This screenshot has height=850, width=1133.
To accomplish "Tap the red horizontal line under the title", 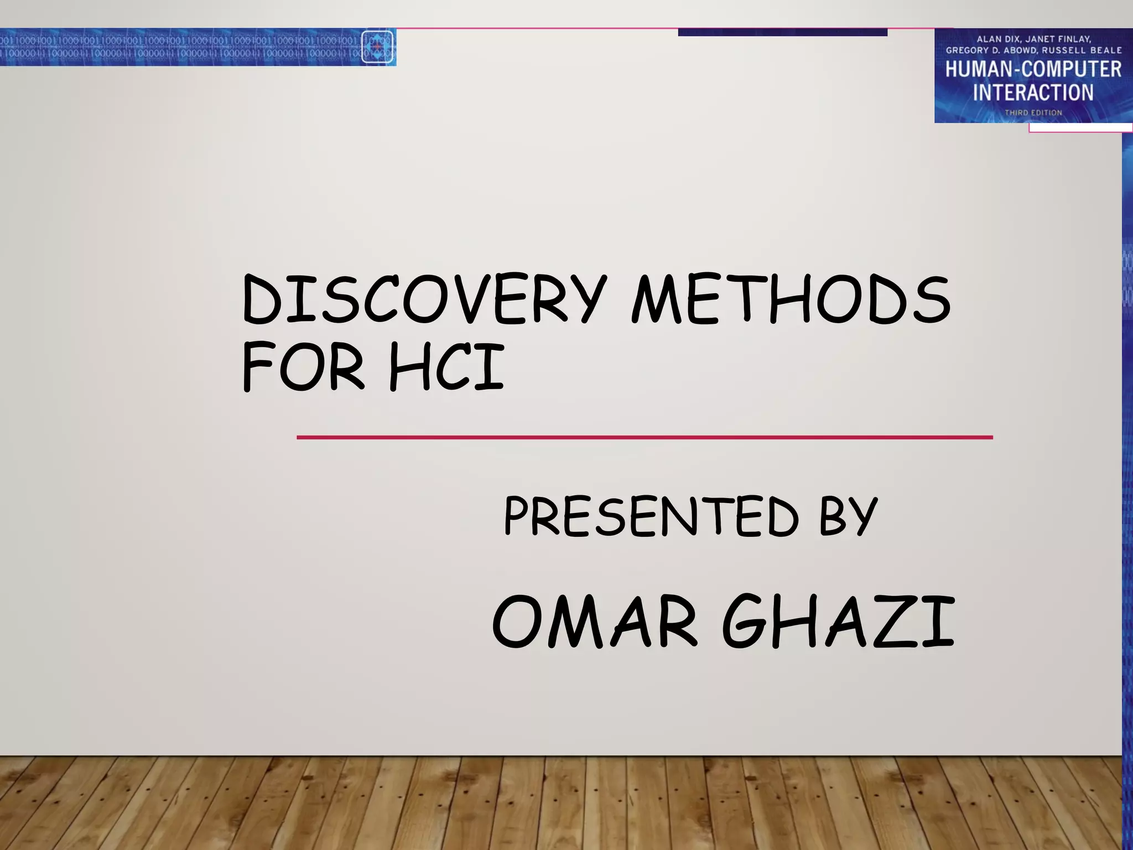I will (645, 437).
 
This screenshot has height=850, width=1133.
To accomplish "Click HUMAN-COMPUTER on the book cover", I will (1033, 69).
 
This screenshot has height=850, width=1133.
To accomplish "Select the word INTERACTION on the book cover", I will (1033, 92).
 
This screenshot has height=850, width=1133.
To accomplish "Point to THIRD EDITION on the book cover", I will (1033, 113).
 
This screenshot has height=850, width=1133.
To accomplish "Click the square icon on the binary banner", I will (377, 47).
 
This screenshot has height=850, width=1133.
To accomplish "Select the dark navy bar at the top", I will (782, 32).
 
